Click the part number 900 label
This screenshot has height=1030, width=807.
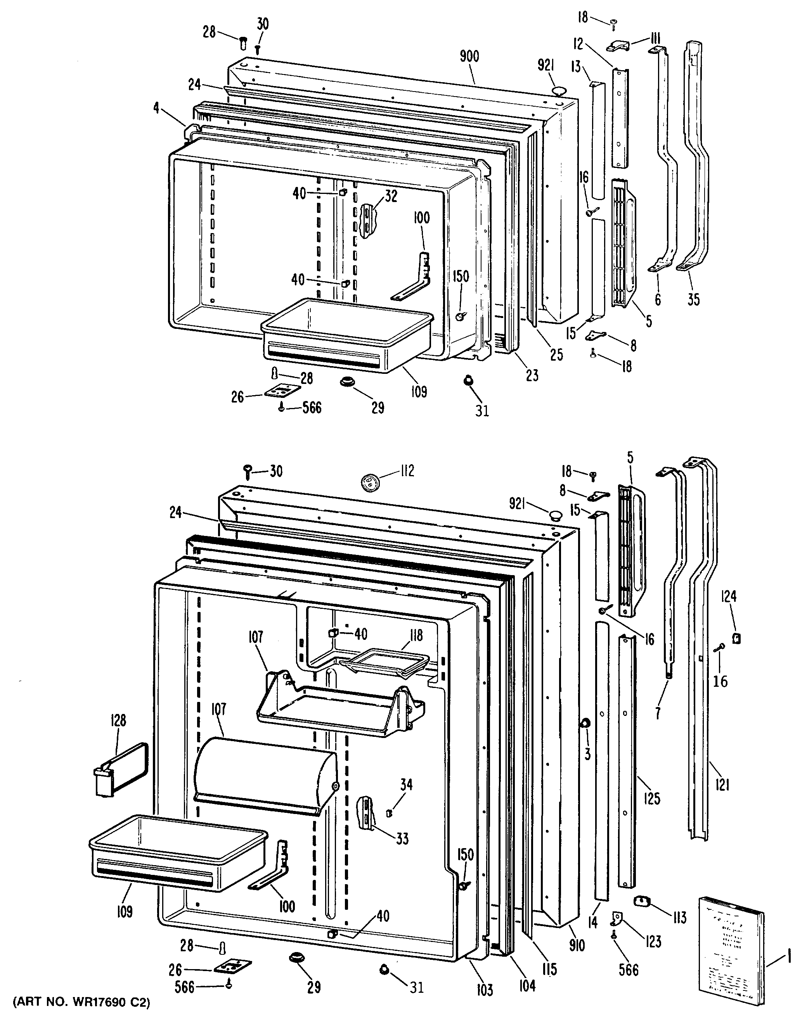(469, 57)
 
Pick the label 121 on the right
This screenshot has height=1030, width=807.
(722, 785)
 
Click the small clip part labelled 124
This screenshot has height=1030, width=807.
(736, 638)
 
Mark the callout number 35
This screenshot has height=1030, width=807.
(693, 299)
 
